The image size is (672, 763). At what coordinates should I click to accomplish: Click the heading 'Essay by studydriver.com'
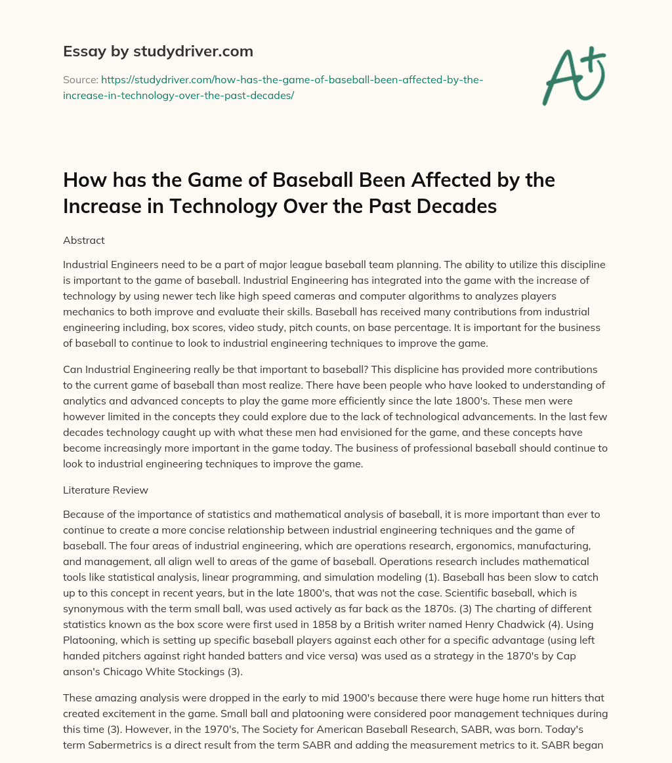(158, 50)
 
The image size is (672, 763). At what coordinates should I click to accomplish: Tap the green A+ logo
(573, 75)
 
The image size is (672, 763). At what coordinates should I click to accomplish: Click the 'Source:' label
(79, 80)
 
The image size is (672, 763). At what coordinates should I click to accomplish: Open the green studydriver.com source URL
(273, 87)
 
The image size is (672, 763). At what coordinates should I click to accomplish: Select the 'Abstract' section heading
(84, 241)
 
